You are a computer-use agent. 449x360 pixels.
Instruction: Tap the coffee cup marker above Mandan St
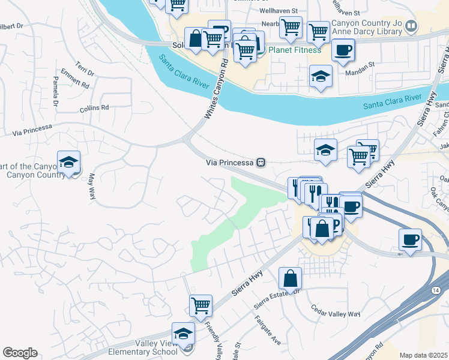(x=343, y=50)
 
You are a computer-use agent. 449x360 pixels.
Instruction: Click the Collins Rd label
(x=94, y=109)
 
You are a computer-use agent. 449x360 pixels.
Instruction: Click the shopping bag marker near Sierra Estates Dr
(x=290, y=278)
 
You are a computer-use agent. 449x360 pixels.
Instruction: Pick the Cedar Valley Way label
(x=335, y=311)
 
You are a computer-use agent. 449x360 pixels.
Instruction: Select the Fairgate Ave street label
(x=268, y=330)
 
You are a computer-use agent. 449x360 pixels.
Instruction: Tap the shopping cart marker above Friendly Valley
(x=200, y=305)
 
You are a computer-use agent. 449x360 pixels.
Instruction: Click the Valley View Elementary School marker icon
(x=183, y=334)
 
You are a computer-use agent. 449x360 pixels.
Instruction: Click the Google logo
(x=20, y=352)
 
